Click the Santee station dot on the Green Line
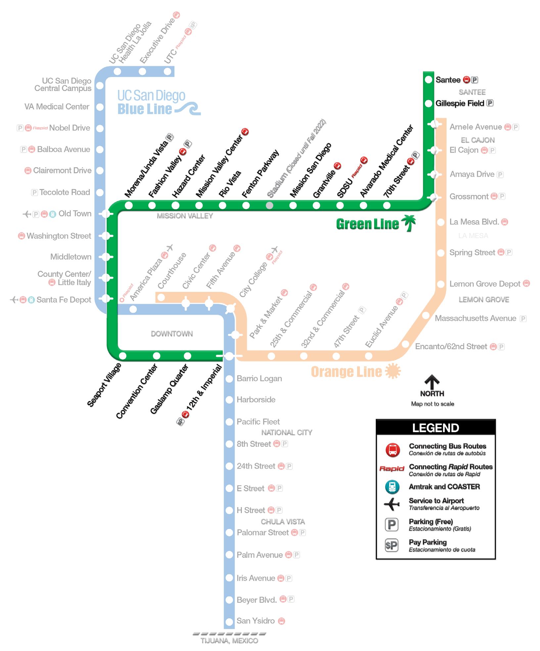pos(428,80)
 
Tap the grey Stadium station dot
pos(270,206)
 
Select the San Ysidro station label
pos(255,621)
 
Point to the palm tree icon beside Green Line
pos(409,223)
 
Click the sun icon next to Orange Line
pos(393,371)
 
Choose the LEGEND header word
pos(435,428)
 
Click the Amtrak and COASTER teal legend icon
pos(392,487)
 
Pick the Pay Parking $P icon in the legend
pos(391,545)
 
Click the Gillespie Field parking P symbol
pos(490,103)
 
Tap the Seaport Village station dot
pos(123,356)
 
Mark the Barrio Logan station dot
pos(229,379)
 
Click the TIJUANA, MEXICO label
pos(229,641)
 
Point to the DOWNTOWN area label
pos(172,334)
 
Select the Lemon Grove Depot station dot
pos(441,284)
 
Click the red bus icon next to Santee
pos(467,80)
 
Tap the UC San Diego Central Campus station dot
pos(100,86)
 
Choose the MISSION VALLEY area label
pos(185,216)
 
